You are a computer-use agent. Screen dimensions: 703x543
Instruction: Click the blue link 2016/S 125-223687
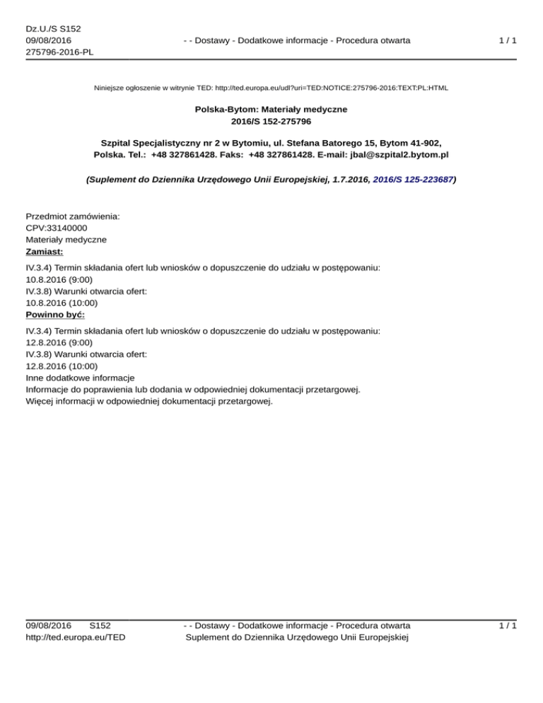pyautogui.click(x=412, y=180)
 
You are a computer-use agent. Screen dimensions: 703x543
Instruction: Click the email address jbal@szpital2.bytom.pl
pyautogui.click(x=398, y=153)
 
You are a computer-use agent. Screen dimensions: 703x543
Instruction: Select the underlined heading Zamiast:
pyautogui.click(x=44, y=251)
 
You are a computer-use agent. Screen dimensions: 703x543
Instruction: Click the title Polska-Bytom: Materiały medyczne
pyautogui.click(x=271, y=110)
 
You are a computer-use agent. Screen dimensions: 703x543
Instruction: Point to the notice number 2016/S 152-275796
pyautogui.click(x=271, y=122)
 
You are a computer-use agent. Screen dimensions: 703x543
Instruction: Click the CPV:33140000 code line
pyautogui.click(x=57, y=228)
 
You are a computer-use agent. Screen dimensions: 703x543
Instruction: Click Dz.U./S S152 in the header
pyautogui.click(x=53, y=28)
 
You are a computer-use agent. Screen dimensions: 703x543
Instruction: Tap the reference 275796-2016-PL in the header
pyautogui.click(x=59, y=52)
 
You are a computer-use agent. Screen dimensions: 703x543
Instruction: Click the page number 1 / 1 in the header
pyautogui.click(x=507, y=40)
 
